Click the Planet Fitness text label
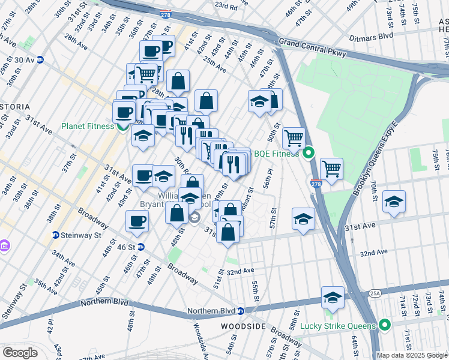click(87, 127)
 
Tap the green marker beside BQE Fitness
click(309, 154)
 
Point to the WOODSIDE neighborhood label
click(243, 326)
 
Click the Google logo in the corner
click(20, 353)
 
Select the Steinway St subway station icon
click(55, 235)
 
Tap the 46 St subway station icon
click(141, 247)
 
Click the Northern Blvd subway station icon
click(240, 311)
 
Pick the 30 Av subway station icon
click(40, 60)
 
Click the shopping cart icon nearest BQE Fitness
click(294, 138)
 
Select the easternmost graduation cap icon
click(394, 202)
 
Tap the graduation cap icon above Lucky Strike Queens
click(333, 297)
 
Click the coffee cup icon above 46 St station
click(137, 221)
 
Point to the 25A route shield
click(375, 293)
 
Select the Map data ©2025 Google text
click(411, 355)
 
